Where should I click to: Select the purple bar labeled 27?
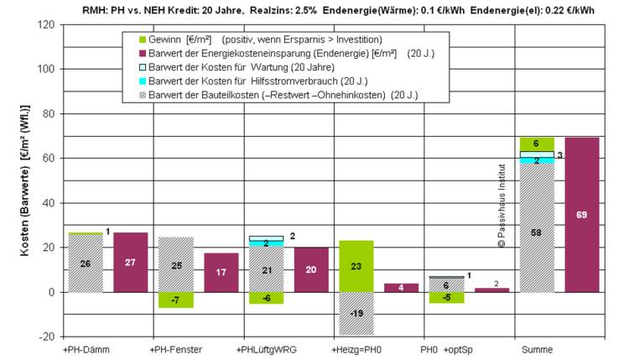coord(130,262)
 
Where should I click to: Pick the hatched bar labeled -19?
coord(356,313)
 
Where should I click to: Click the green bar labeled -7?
coord(175,300)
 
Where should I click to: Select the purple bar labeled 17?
coord(221,273)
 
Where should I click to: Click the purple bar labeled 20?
coord(311,269)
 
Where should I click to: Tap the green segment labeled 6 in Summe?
coord(537,143)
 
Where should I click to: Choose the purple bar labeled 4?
coord(401,288)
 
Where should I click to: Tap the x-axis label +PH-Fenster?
coord(175,349)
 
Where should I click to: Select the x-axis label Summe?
coord(537,349)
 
